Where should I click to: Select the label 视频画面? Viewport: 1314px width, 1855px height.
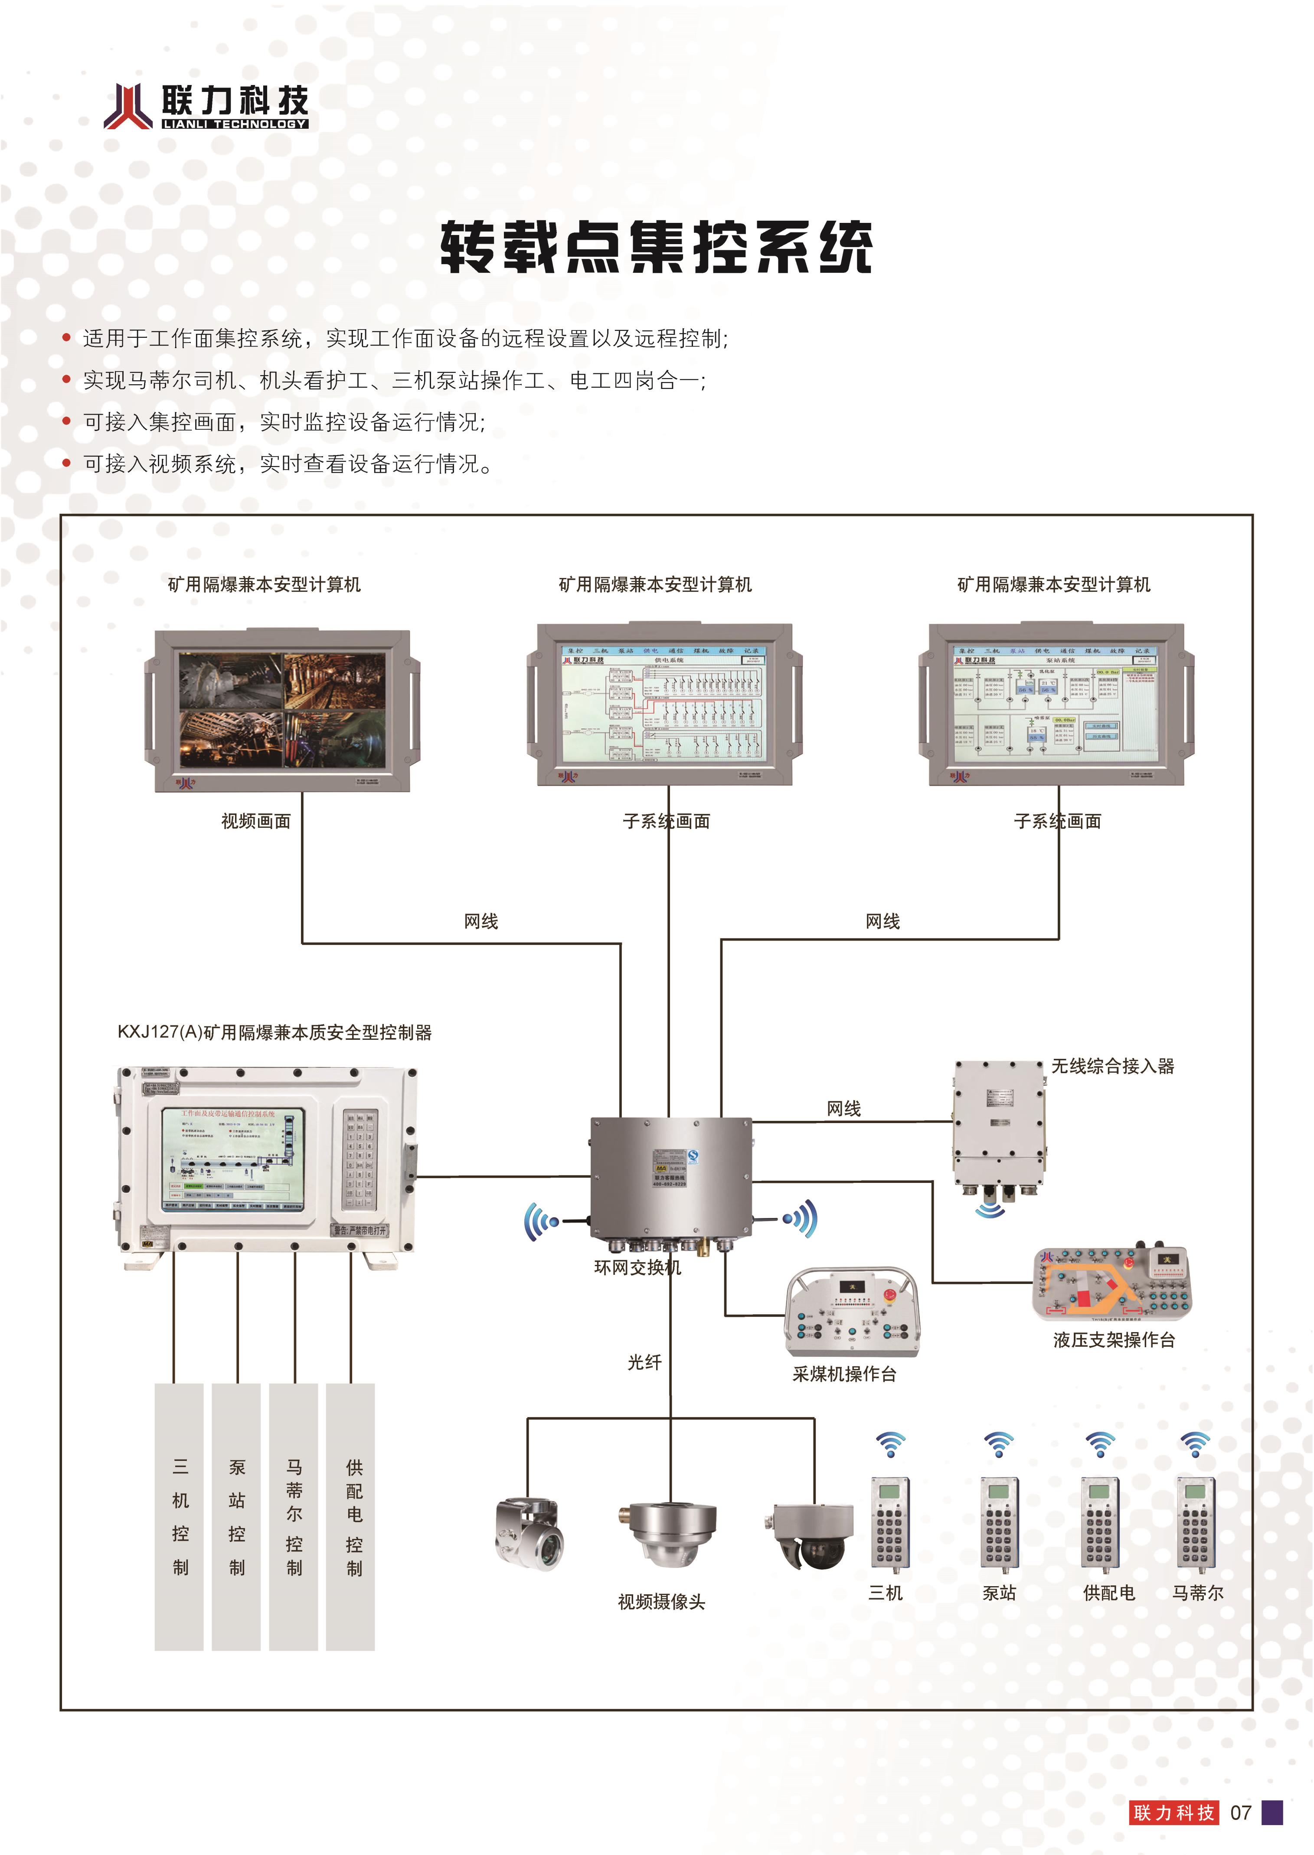[256, 821]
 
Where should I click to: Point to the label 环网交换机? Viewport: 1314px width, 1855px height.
[637, 1268]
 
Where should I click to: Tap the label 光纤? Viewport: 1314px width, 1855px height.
[645, 1362]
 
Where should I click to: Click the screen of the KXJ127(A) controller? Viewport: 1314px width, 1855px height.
[233, 1159]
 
